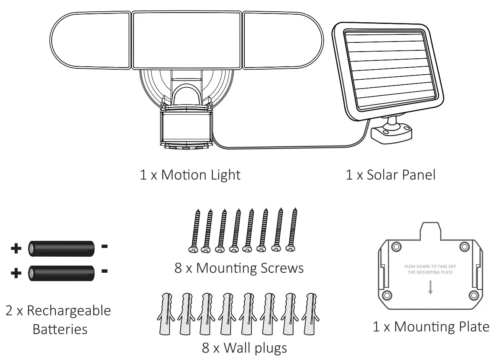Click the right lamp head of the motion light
click(282, 41)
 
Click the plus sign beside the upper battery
click(16, 249)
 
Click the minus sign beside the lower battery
click(105, 271)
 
